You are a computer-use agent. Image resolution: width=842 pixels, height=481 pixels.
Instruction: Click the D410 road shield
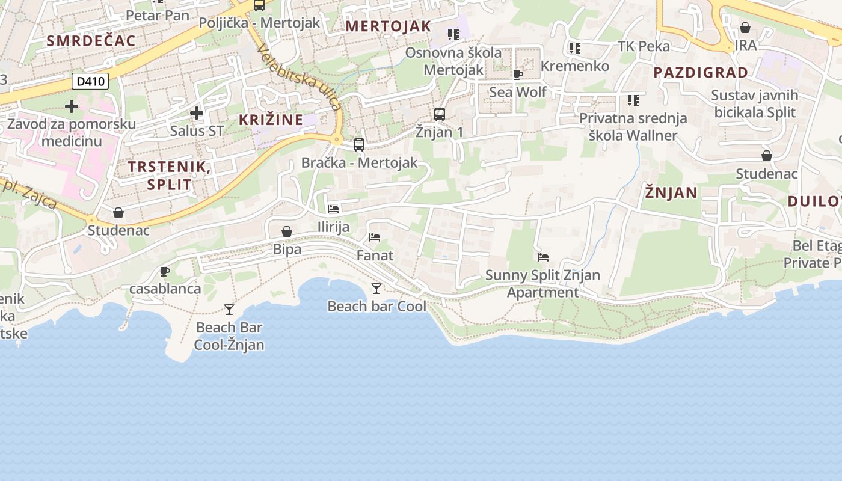90,81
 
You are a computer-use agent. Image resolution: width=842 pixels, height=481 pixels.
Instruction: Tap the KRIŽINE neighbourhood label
271,120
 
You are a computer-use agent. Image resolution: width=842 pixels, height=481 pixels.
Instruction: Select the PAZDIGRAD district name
701,73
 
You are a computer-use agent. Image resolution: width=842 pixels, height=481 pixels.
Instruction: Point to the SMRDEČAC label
91,41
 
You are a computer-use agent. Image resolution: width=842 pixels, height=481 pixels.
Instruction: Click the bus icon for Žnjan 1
440,114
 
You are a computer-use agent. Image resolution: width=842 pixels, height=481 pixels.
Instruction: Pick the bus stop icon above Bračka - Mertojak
359,144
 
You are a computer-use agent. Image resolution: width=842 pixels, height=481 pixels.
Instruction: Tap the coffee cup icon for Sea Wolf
517,75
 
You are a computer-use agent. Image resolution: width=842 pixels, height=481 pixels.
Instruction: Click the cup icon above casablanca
165,271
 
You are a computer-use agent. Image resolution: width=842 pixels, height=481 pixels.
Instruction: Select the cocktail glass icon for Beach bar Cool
376,289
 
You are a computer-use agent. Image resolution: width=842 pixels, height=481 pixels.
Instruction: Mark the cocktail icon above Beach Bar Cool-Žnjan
229,310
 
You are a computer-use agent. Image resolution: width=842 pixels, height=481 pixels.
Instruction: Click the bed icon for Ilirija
333,209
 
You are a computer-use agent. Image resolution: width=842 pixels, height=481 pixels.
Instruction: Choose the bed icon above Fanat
375,237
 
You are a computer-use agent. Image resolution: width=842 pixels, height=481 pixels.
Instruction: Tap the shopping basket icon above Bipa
287,231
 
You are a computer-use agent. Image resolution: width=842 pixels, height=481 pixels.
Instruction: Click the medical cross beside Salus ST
197,113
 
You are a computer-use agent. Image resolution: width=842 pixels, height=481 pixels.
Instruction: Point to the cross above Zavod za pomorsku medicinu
72,107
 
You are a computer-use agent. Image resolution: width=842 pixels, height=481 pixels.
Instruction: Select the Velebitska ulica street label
299,78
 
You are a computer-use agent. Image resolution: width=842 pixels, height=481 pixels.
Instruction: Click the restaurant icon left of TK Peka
574,47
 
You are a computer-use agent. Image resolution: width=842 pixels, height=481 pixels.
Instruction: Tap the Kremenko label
575,66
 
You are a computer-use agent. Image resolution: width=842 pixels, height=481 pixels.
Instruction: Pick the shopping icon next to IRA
745,28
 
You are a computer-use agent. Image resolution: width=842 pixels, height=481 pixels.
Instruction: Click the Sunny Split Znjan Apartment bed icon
543,257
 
